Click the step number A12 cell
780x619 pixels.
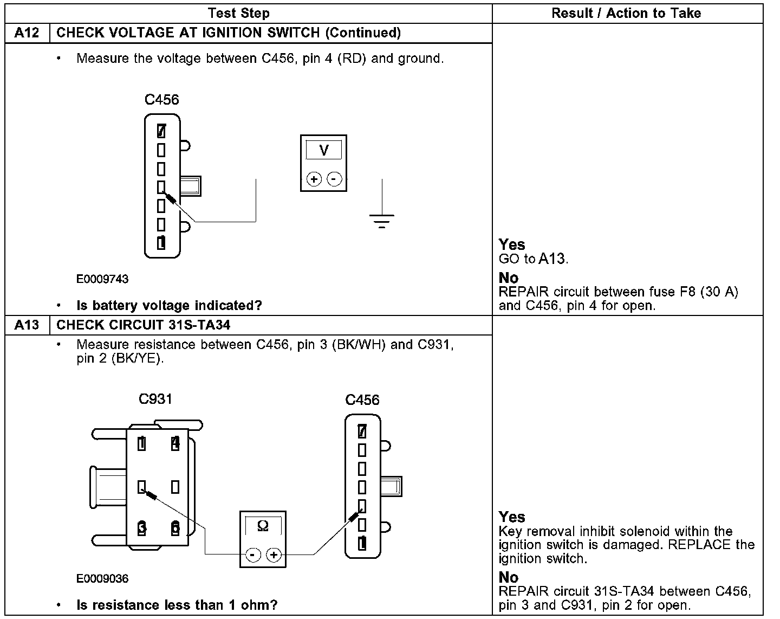pyautogui.click(x=27, y=33)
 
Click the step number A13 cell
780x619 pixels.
pyautogui.click(x=27, y=325)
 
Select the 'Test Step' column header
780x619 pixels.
pyautogui.click(x=238, y=13)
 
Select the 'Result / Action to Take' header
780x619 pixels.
pyautogui.click(x=626, y=13)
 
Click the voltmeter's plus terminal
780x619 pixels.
pyautogui.click(x=314, y=179)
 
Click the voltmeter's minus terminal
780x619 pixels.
pyautogui.click(x=335, y=179)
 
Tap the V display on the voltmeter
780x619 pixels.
pyautogui.click(x=323, y=150)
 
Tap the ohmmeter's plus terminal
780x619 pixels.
pyautogui.click(x=274, y=554)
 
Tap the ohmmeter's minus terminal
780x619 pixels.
pyautogui.click(x=252, y=554)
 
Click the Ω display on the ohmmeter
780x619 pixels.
pyautogui.click(x=263, y=526)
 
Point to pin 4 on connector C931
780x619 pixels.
pyautogui.click(x=175, y=444)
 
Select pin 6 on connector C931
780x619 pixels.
pyautogui.click(x=175, y=528)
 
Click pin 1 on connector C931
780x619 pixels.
pyautogui.click(x=142, y=444)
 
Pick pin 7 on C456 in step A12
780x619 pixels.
pyautogui.click(x=161, y=131)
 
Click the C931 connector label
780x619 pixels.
pyautogui.click(x=155, y=399)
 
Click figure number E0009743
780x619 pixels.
pyautogui.click(x=102, y=279)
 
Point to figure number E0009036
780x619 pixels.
pyautogui.click(x=102, y=579)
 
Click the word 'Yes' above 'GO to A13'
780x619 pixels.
pyautogui.click(x=512, y=244)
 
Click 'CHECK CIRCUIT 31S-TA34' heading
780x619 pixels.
pyautogui.click(x=144, y=325)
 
